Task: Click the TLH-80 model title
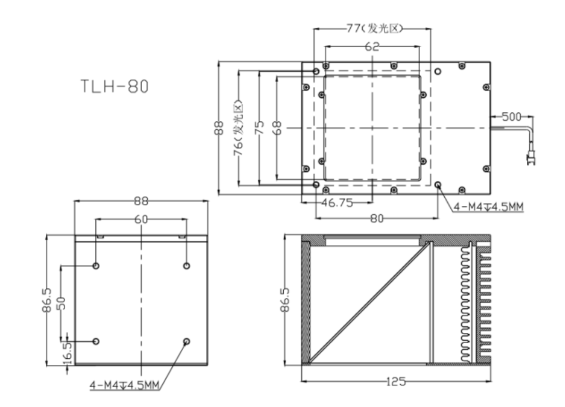pyautogui.click(x=114, y=86)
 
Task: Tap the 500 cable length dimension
pyautogui.click(x=511, y=116)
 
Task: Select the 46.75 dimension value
pyautogui.click(x=337, y=203)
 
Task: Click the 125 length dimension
pyautogui.click(x=395, y=382)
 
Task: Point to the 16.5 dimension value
pyautogui.click(x=67, y=353)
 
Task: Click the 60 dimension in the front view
pyautogui.click(x=141, y=219)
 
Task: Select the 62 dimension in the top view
pyautogui.click(x=372, y=46)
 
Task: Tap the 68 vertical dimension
pyautogui.click(x=277, y=128)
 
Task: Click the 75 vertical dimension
pyautogui.click(x=259, y=128)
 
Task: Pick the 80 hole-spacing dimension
pyautogui.click(x=377, y=218)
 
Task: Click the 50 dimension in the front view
pyautogui.click(x=62, y=303)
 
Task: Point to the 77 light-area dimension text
pyautogui.click(x=374, y=28)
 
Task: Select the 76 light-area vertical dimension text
pyautogui.click(x=238, y=128)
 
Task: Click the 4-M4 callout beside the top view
pyautogui.click(x=488, y=207)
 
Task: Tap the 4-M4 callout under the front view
pyautogui.click(x=124, y=385)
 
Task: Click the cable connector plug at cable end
pyautogui.click(x=531, y=159)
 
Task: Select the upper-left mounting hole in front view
pyautogui.click(x=96, y=266)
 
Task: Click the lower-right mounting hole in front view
pyautogui.click(x=187, y=341)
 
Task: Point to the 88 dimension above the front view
pyautogui.click(x=141, y=201)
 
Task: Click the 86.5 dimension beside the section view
pyautogui.click(x=285, y=300)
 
